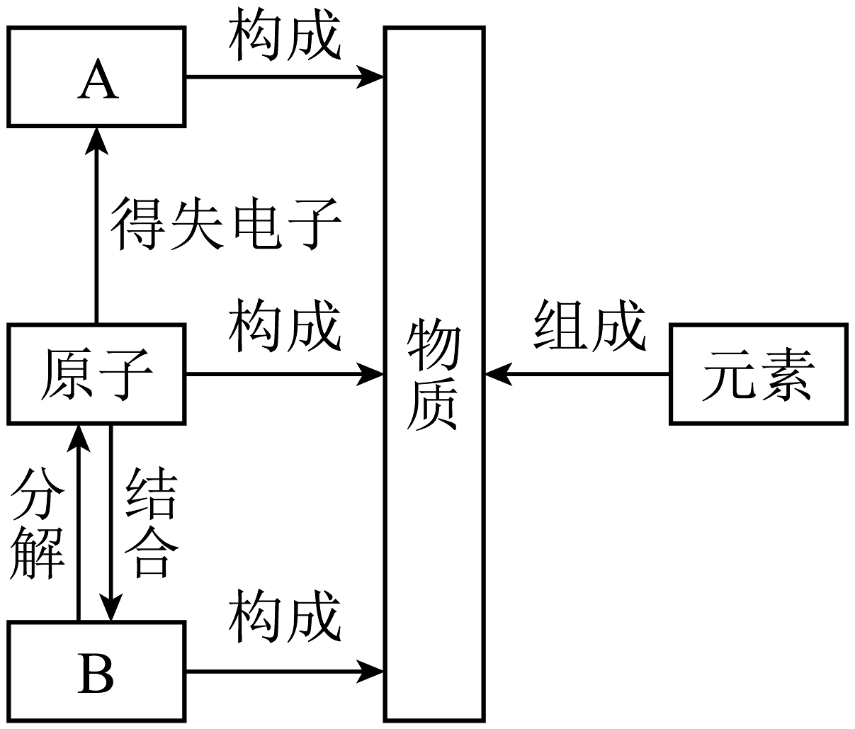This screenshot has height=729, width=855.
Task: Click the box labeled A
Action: [x=96, y=77]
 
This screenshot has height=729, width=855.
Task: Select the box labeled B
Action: [x=96, y=672]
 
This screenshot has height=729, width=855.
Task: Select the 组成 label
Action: [x=589, y=325]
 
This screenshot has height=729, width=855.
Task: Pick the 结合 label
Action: [x=149, y=523]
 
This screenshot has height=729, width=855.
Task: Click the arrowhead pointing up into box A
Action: [x=96, y=139]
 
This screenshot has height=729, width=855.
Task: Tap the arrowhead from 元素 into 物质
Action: [x=498, y=374]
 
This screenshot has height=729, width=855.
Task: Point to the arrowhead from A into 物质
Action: [x=370, y=77]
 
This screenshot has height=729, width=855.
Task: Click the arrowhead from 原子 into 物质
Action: [x=370, y=374]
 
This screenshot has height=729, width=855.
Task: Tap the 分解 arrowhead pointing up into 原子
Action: [x=78, y=436]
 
